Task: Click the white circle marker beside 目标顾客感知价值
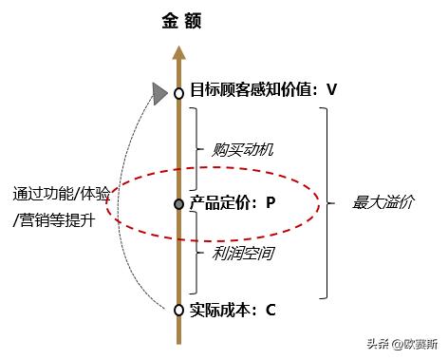pyautogui.click(x=177, y=93)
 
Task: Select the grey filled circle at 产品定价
pyautogui.click(x=177, y=204)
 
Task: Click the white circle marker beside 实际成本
pyautogui.click(x=177, y=310)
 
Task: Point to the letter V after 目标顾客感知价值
pyautogui.click(x=331, y=90)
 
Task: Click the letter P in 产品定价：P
pyautogui.click(x=270, y=202)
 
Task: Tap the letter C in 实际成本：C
pyautogui.click(x=271, y=309)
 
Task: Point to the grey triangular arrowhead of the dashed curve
pyautogui.click(x=159, y=92)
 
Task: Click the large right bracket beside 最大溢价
pyautogui.click(x=325, y=202)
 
